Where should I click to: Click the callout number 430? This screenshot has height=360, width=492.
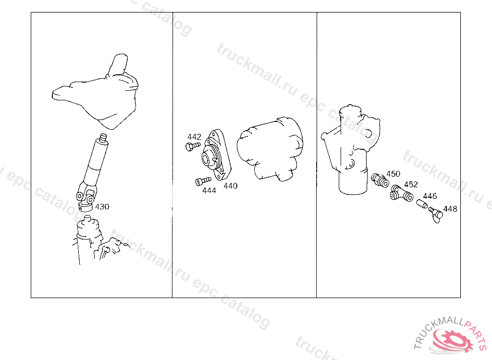102,207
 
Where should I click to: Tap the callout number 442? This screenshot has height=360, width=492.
194,137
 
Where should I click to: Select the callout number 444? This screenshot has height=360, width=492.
209,191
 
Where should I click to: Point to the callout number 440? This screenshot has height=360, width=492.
230,186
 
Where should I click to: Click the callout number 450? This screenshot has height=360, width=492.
393,174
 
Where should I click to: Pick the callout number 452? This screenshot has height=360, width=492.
411,184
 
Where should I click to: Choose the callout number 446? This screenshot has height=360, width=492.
430,196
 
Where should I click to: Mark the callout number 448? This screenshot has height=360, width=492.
450,208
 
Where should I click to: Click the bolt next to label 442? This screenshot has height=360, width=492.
193,146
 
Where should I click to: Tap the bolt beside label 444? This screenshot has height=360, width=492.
203,181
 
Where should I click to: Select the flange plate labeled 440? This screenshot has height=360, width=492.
217,155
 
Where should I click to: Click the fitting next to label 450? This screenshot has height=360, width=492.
380,180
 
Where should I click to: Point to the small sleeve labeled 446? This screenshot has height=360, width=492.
422,204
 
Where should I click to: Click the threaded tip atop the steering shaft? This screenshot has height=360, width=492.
103,138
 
